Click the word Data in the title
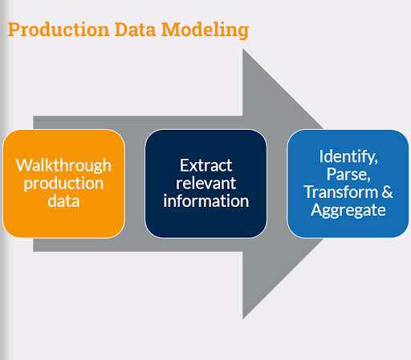point(134,30)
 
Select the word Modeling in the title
point(205,30)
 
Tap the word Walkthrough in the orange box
point(63,166)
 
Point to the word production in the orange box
point(63,184)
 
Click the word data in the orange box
point(63,201)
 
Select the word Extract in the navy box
point(205,166)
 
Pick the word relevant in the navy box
point(205,184)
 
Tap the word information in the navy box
point(205,201)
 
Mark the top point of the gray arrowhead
point(243,51)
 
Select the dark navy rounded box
point(205,224)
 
